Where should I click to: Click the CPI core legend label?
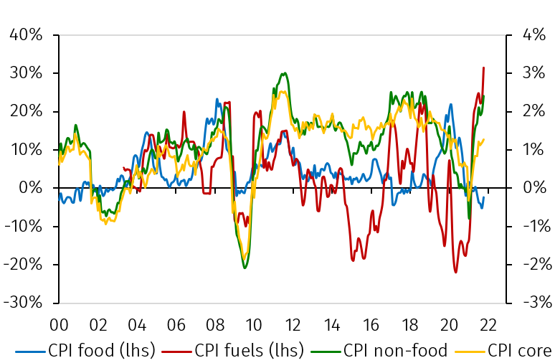coord(520,351)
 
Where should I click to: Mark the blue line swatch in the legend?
coord(31,352)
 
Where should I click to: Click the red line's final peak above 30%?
coord(484,67)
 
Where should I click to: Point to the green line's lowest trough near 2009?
coord(245,268)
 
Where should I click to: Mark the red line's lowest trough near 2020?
coord(455,272)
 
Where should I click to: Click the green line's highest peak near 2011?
coord(285,72)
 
